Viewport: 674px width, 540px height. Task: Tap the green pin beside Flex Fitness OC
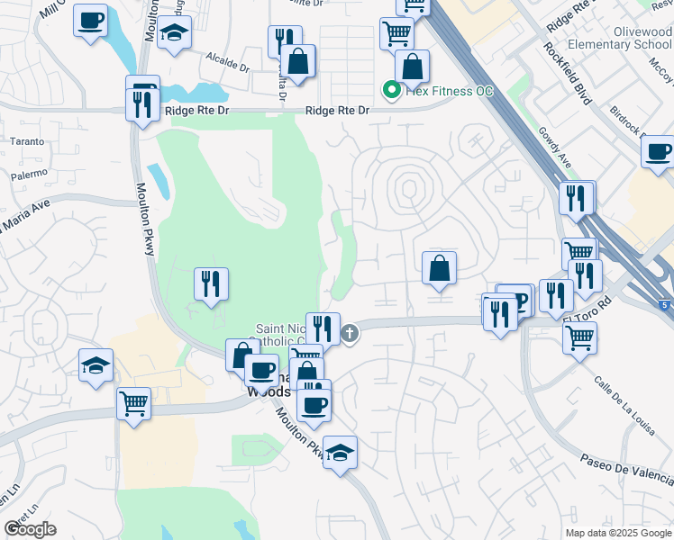391,90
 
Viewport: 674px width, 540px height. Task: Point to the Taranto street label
26,141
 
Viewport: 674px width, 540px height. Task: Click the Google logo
30,529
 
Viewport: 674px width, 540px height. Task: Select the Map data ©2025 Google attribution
617,533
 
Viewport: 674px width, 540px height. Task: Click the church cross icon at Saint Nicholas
350,334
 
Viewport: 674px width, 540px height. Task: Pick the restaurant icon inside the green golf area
211,284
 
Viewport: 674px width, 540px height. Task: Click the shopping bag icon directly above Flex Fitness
412,66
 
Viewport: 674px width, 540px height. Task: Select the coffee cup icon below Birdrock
659,150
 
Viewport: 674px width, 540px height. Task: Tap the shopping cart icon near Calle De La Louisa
579,337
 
